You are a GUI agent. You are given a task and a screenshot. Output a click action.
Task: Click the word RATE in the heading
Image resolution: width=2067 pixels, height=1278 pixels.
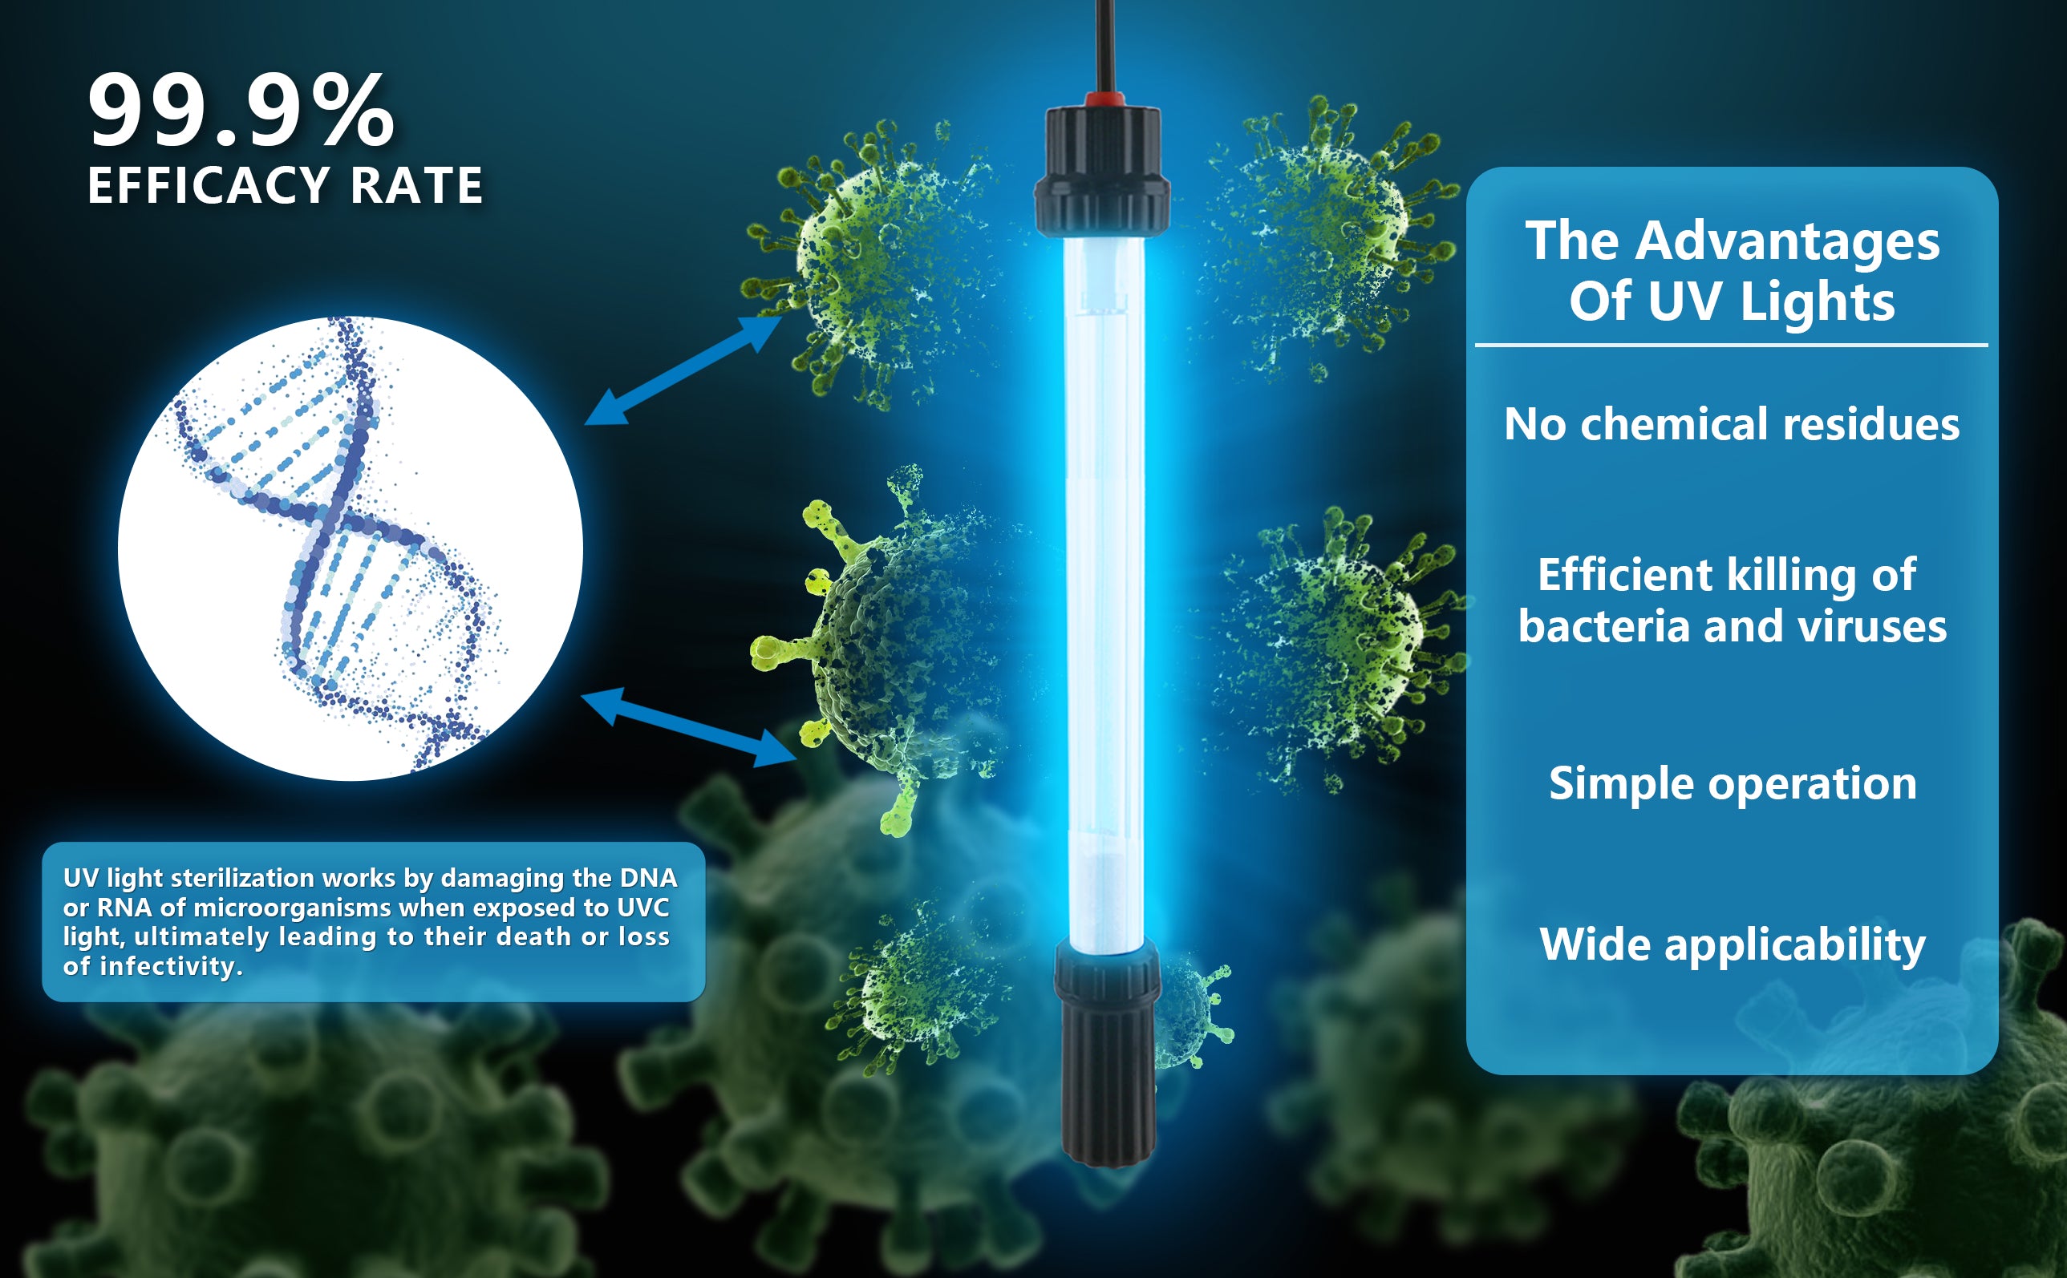point(416,185)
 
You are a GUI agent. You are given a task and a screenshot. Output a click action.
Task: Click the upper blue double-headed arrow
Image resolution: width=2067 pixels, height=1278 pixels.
point(683,370)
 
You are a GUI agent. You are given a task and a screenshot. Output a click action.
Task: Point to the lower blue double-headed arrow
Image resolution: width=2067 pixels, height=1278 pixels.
point(689,726)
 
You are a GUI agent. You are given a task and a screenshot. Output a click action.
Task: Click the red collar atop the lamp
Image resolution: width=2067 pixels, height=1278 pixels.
point(1105,99)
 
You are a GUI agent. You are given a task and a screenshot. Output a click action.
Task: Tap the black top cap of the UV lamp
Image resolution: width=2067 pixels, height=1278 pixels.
point(1102,169)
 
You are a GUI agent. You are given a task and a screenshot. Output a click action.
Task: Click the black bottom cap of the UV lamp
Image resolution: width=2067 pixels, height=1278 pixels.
point(1107,1053)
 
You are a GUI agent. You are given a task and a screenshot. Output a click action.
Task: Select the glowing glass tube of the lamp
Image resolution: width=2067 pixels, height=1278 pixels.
point(1104,592)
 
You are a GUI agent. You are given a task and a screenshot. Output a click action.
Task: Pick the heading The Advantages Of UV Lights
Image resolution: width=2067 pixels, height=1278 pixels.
point(1733,270)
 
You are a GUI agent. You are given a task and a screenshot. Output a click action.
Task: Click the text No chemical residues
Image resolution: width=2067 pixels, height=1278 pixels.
point(1732,423)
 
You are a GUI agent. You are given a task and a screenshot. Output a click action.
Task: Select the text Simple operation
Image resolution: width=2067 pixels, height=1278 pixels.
point(1733,784)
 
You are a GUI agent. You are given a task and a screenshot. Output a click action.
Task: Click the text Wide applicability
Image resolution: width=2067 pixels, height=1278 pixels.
point(1733,944)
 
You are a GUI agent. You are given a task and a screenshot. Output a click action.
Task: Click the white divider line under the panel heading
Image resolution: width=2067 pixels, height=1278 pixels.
point(1732,345)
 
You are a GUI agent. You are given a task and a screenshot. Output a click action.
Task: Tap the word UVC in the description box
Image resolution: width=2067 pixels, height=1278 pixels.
point(642,908)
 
